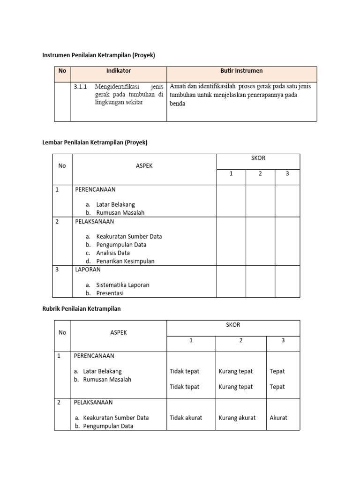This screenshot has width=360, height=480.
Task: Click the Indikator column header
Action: pyautogui.click(x=119, y=71)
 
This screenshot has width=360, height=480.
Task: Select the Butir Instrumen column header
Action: pyautogui.click(x=241, y=71)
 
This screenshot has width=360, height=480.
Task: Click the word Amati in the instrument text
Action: pyautogui.click(x=178, y=86)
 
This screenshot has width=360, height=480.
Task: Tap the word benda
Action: pyautogui.click(x=177, y=104)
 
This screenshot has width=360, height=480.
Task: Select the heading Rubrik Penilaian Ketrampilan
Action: pyautogui.click(x=82, y=308)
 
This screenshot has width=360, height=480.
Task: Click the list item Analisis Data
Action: pyautogui.click(x=113, y=253)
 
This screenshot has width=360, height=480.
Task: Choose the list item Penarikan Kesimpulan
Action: pyautogui.click(x=125, y=261)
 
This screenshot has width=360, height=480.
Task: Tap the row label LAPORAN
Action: pyautogui.click(x=88, y=270)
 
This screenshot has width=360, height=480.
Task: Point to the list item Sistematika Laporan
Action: pyautogui.click(x=123, y=285)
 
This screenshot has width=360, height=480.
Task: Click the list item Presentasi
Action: pyautogui.click(x=110, y=293)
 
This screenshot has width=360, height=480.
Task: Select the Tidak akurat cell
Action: pyautogui.click(x=186, y=418)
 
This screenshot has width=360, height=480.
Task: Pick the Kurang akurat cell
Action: pyautogui.click(x=237, y=418)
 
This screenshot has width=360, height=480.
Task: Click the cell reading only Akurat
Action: pyautogui.click(x=278, y=418)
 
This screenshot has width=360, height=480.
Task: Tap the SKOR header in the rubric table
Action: pyautogui.click(x=233, y=325)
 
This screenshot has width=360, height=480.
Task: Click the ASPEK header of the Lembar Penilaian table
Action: pyautogui.click(x=144, y=165)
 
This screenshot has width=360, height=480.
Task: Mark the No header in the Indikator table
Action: pyautogui.click(x=62, y=71)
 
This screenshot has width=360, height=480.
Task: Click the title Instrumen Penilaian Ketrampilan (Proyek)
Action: pyautogui.click(x=98, y=55)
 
